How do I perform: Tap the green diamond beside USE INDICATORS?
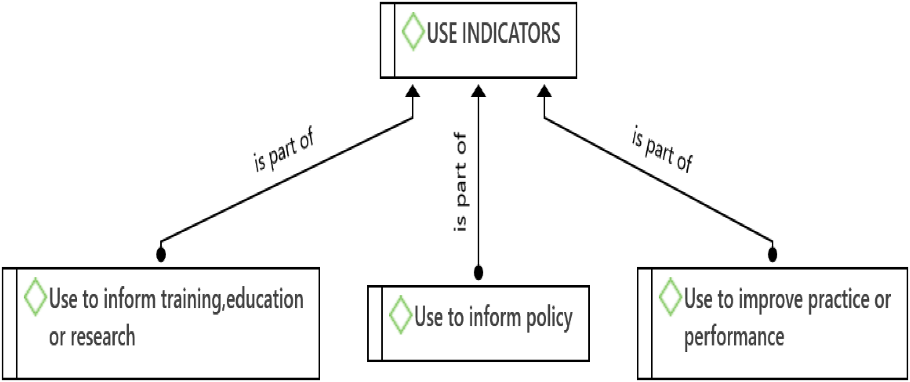coord(413,32)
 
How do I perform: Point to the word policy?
coord(550,318)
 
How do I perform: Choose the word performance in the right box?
coord(734,338)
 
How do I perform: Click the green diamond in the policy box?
coord(401,315)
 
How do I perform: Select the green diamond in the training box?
coord(35,297)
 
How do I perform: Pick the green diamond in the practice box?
coord(670,297)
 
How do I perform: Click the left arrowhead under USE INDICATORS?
coord(413,91)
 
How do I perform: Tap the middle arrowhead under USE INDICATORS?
coord(478,91)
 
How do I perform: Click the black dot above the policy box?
coord(478,272)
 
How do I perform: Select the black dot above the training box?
coord(161,254)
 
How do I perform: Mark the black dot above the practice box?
coord(773,254)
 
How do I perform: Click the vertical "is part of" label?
coord(460,182)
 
